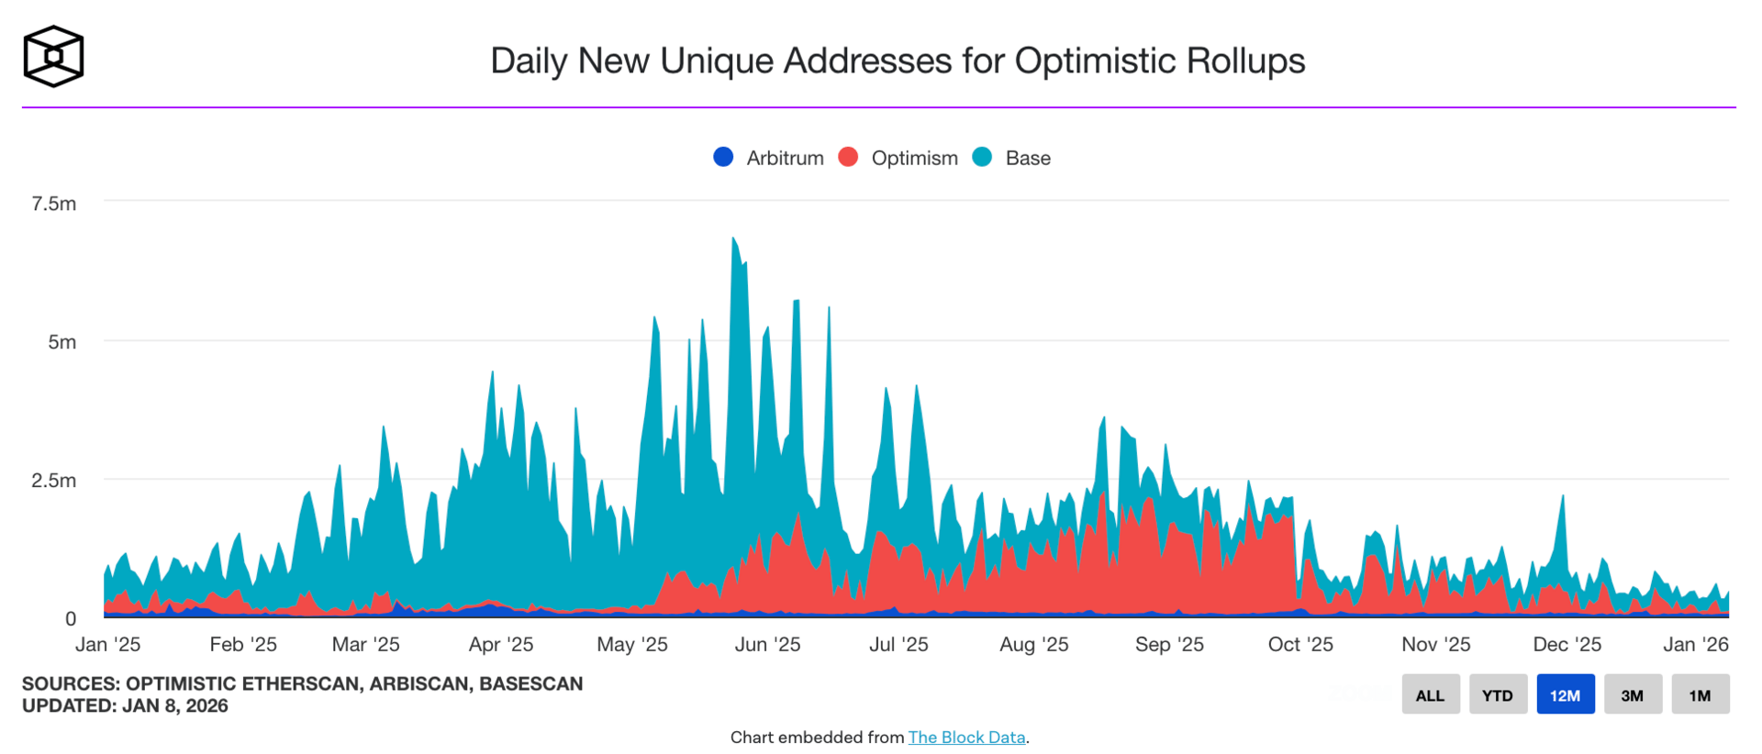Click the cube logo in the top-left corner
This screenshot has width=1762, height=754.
53,57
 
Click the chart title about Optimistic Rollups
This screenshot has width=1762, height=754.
897,61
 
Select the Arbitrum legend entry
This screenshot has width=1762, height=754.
769,158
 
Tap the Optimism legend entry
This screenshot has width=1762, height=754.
898,158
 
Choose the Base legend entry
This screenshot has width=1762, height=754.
1012,158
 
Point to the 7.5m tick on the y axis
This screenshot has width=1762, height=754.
54,204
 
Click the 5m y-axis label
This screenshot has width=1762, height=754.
62,342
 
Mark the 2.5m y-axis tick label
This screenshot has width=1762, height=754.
54,481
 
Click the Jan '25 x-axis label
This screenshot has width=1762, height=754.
108,645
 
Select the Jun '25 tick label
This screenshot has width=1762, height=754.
767,645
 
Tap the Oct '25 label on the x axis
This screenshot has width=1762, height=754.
1299,645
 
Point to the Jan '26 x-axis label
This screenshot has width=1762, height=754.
1695,645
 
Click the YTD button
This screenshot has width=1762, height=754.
1498,695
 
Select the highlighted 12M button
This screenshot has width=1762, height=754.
1565,695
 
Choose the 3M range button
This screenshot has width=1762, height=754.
1632,695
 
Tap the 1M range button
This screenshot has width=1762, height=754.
1700,695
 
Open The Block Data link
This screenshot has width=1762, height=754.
966,737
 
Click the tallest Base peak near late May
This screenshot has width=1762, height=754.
733,240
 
